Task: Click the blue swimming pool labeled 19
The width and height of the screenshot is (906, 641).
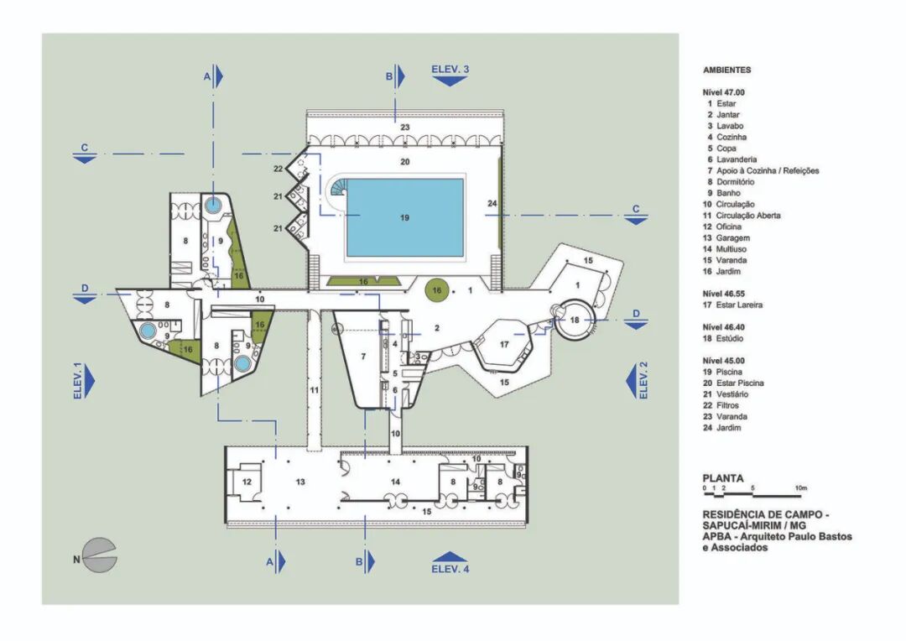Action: pos(404,217)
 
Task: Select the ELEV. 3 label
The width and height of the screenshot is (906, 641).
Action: pos(450,69)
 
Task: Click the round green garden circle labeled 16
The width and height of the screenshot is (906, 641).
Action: pos(435,290)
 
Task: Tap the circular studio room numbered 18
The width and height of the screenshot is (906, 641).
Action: pos(574,320)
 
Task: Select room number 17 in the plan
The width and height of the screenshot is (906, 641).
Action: pos(505,344)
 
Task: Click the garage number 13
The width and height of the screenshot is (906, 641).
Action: pos(300,482)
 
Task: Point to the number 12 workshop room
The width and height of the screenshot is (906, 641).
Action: pos(247,482)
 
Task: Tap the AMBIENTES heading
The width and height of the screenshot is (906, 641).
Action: pos(726,70)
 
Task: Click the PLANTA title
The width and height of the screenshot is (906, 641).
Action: pos(722,478)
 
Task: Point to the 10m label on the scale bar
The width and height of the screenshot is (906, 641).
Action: pos(800,488)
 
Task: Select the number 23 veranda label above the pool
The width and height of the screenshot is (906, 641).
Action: pos(404,127)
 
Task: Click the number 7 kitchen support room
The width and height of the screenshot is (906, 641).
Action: pos(363,357)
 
